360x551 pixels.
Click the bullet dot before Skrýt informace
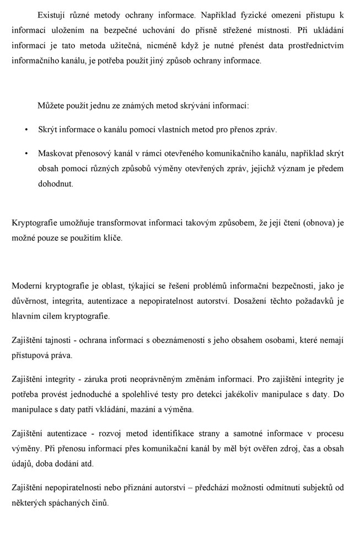click(x=26, y=129)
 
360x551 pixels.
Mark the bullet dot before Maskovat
click(x=26, y=153)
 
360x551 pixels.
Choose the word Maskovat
click(x=55, y=153)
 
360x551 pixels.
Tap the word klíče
click(x=111, y=238)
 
